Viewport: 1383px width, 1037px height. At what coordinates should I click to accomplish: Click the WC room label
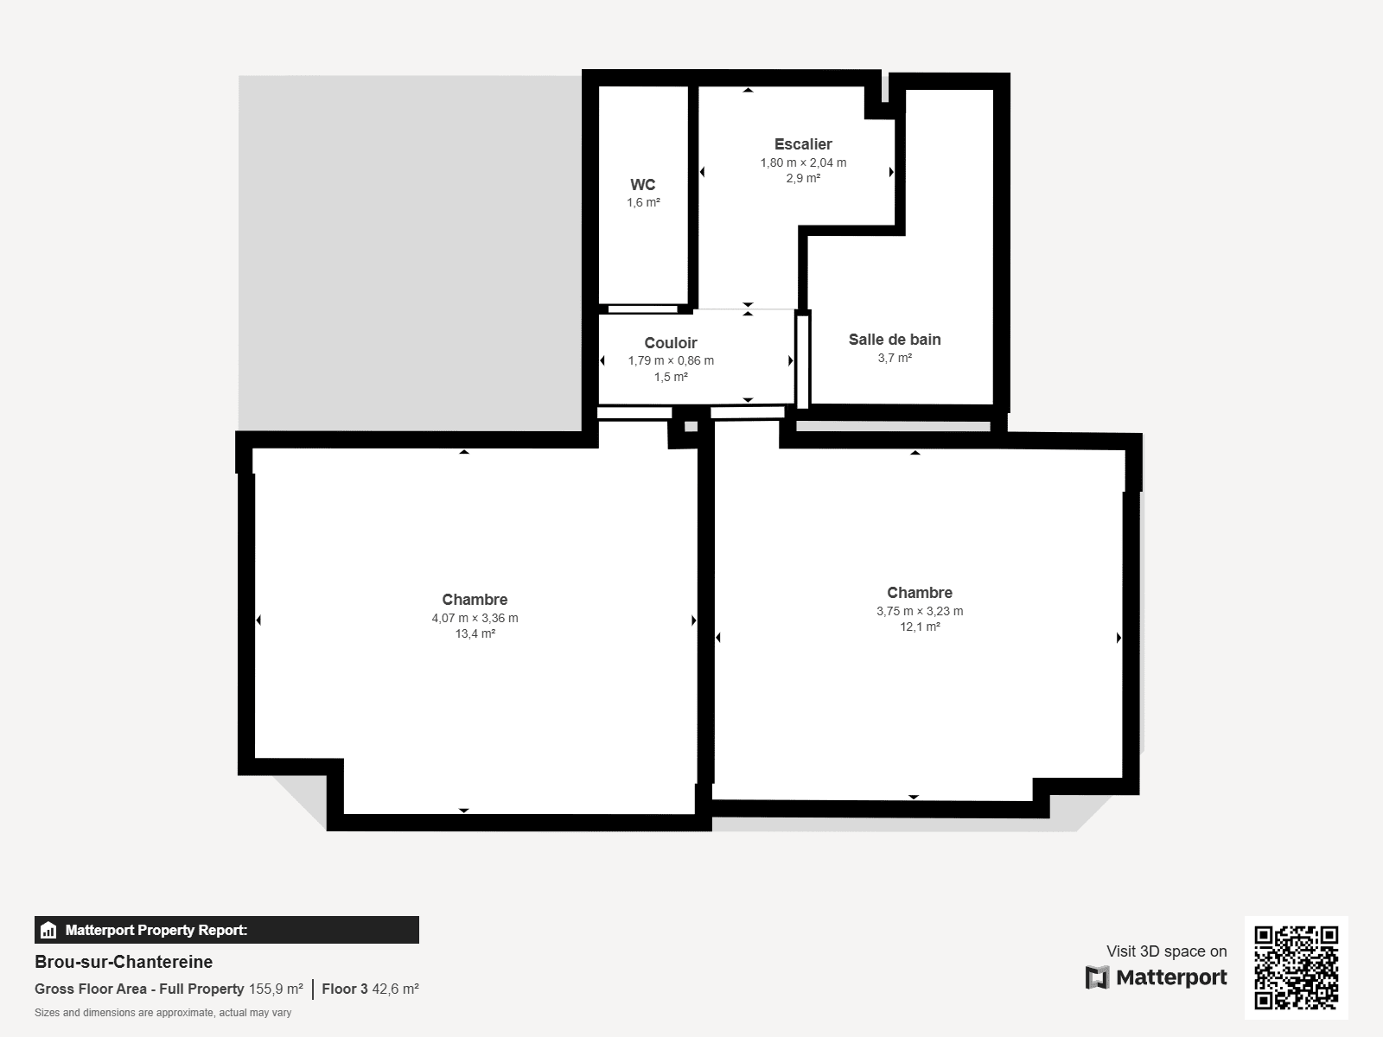tap(642, 185)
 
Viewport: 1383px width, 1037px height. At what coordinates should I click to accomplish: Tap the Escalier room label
tap(803, 144)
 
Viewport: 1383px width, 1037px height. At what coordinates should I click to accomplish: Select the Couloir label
tap(670, 343)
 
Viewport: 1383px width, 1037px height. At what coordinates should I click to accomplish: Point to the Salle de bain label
tap(895, 340)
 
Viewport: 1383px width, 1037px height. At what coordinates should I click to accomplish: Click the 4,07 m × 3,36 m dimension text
tap(475, 618)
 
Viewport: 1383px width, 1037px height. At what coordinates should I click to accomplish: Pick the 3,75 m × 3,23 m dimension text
tap(920, 611)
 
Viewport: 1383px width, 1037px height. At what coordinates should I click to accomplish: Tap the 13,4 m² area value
tap(475, 634)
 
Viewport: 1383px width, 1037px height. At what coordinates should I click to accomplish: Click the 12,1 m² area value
tap(920, 627)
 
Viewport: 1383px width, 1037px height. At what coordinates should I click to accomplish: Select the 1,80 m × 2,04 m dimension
tap(803, 162)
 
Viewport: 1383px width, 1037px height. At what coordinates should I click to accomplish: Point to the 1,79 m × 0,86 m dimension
tap(671, 360)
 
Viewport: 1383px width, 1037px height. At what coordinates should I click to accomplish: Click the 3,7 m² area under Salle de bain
tap(895, 358)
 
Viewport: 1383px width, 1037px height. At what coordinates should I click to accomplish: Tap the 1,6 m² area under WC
tap(643, 203)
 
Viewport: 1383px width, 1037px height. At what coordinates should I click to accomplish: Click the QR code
tap(1296, 968)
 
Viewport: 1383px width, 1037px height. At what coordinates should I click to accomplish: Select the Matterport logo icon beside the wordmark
tap(1097, 977)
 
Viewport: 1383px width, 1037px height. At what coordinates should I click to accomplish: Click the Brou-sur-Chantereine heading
tap(124, 962)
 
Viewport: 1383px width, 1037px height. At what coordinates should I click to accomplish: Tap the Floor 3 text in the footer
tap(344, 989)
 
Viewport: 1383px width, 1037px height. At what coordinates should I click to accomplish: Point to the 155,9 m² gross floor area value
tap(276, 989)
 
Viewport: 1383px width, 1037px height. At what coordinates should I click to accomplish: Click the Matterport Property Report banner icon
tap(48, 931)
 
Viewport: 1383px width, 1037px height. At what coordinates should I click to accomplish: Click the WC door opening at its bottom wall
tap(642, 309)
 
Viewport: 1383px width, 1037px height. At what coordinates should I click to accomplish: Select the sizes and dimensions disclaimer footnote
tap(163, 1013)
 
